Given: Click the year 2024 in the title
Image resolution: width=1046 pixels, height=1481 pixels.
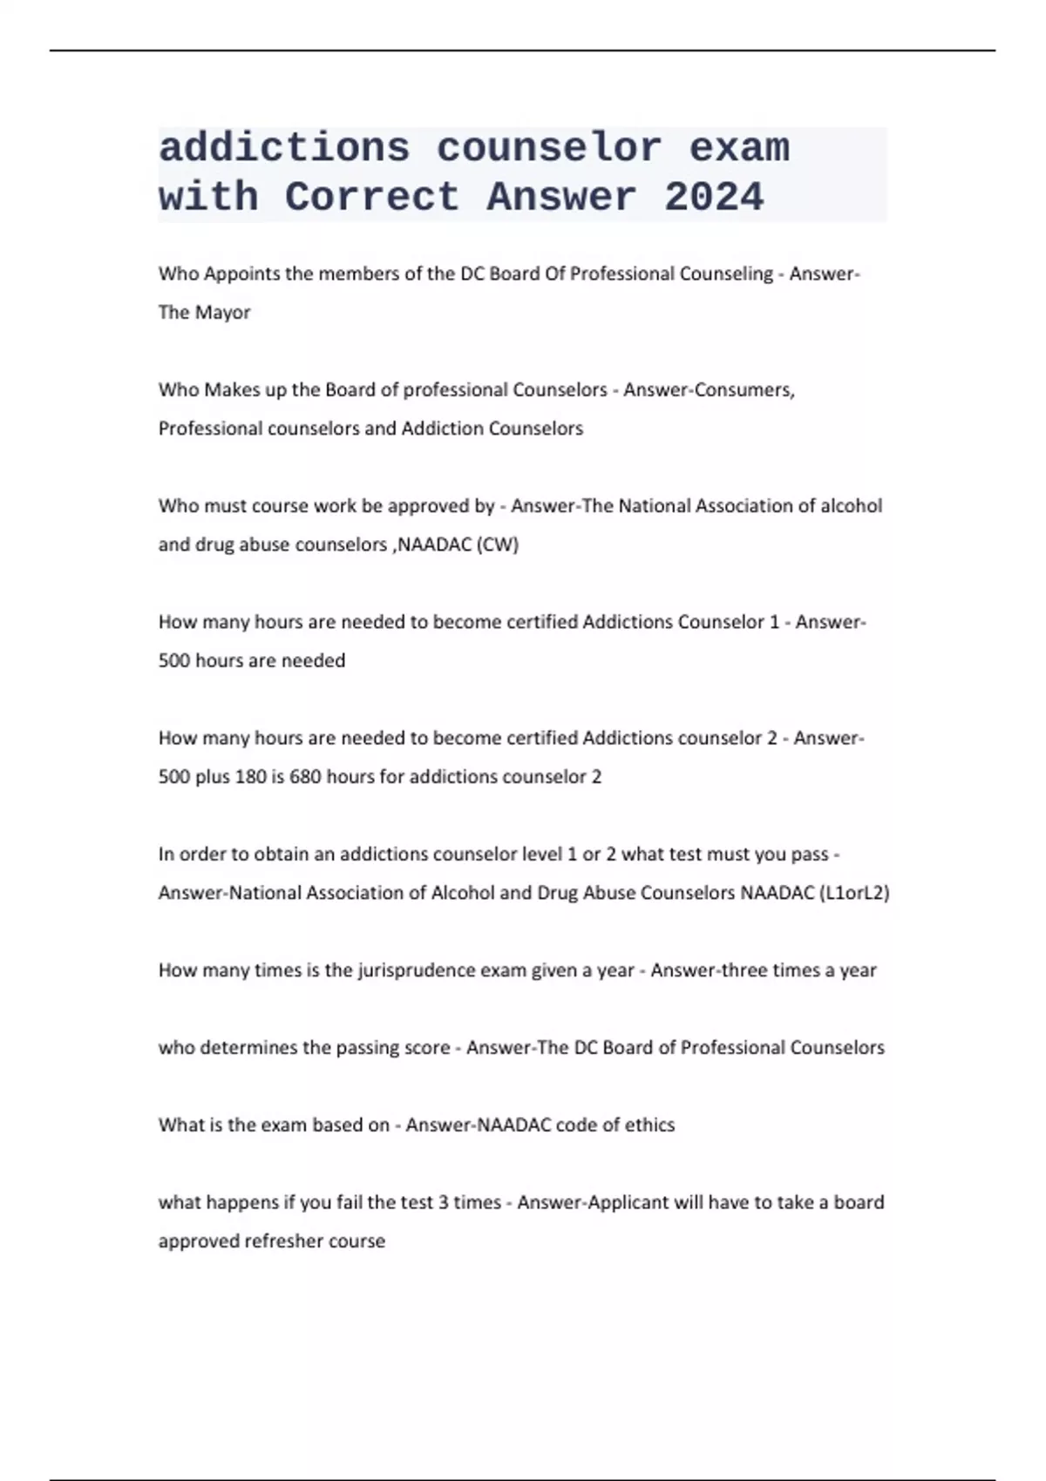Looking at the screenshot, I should tap(714, 197).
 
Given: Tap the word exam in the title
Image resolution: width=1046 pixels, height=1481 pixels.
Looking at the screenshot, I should tap(739, 147).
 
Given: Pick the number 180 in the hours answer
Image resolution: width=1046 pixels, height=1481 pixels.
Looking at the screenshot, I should tap(251, 776).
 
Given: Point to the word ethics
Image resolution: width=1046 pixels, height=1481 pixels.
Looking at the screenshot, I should tap(649, 1125).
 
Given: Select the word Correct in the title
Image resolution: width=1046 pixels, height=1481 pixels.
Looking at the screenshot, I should tap(372, 197).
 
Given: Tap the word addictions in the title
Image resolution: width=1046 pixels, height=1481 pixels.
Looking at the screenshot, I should tap(284, 147).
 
